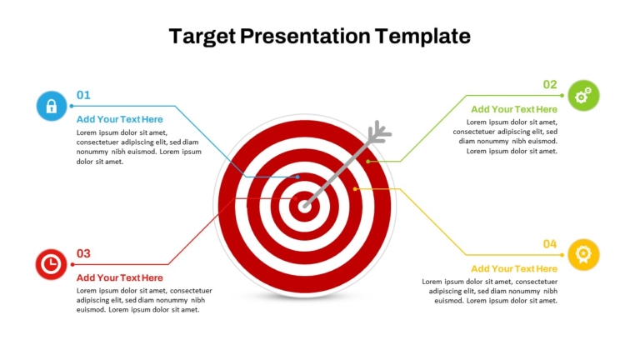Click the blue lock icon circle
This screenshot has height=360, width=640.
[x=52, y=106]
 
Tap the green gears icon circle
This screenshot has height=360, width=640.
[x=583, y=96]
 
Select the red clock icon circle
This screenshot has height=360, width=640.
[x=51, y=264]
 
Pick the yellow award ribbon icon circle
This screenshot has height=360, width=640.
[x=583, y=255]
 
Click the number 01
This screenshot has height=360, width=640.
[x=83, y=95]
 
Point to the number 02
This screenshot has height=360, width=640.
[x=550, y=84]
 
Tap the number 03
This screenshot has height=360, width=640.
[x=83, y=253]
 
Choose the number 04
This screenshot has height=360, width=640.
[x=550, y=244]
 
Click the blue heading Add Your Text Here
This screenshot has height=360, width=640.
[x=120, y=119]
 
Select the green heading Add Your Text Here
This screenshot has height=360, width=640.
[x=514, y=109]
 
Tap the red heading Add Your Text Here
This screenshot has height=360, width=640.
[x=120, y=277]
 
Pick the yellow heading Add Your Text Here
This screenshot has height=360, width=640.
[x=514, y=268]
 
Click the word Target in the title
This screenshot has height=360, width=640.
[x=202, y=37]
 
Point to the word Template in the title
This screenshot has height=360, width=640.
[x=422, y=37]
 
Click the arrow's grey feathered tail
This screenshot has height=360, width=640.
[x=379, y=132]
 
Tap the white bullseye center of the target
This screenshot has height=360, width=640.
[x=304, y=207]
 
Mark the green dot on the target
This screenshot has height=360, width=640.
[x=368, y=162]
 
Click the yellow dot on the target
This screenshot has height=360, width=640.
[x=355, y=189]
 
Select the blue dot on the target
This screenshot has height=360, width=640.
[x=297, y=177]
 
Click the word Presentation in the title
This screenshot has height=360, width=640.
[x=305, y=36]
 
